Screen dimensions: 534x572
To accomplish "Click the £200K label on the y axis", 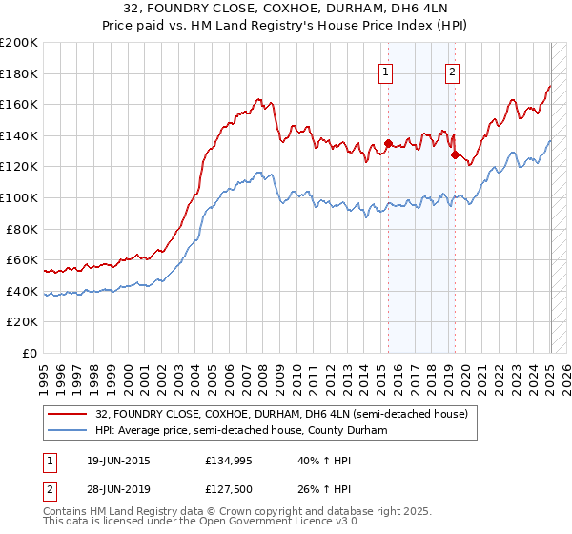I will (18, 43).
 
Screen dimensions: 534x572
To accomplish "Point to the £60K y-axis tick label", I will (21, 259).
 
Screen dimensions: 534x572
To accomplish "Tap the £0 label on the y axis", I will (31, 353).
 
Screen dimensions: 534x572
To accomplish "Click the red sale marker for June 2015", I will (388, 144).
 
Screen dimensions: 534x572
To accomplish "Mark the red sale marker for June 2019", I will (455, 155).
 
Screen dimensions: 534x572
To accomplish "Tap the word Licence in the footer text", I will (274, 524).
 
